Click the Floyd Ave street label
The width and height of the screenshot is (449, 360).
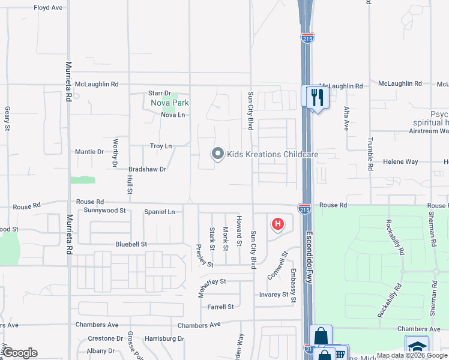tap(48, 8)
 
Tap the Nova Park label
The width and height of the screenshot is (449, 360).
tap(170, 103)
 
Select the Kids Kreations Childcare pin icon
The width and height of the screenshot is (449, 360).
tap(217, 154)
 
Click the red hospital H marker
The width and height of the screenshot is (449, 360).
tap(277, 225)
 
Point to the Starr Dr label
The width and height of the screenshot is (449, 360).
tap(160, 93)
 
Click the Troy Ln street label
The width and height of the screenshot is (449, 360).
tap(161, 146)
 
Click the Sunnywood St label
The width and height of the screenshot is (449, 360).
tap(104, 211)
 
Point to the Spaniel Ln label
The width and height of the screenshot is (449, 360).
tap(159, 212)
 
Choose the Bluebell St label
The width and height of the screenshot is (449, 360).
tap(131, 244)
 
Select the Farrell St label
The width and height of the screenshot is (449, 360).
tap(220, 307)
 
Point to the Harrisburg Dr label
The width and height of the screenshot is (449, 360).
tap(163, 338)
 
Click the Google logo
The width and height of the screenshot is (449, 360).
tap(20, 352)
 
